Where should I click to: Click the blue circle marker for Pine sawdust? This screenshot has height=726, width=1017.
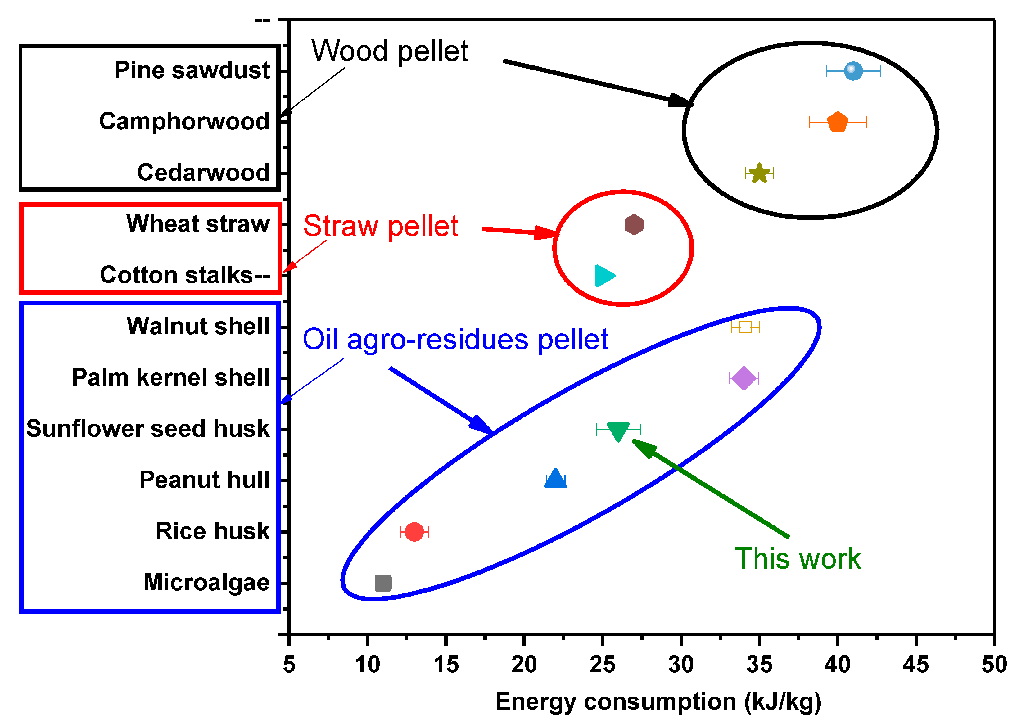(853, 71)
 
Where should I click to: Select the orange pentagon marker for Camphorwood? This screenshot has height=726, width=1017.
(837, 122)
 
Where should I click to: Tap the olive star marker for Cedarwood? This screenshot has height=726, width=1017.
(759, 173)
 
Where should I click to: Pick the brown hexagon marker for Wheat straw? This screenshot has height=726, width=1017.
(633, 224)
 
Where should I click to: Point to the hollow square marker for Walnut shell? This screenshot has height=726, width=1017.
(745, 327)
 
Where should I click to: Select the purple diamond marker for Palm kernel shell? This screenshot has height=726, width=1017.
(744, 378)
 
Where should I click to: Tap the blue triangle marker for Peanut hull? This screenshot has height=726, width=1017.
(555, 479)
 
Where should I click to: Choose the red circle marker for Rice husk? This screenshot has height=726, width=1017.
(414, 531)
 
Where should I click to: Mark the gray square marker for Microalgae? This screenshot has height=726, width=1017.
(383, 583)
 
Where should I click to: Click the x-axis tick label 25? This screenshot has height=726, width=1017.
(602, 664)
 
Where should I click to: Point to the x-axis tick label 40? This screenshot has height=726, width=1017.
(837, 664)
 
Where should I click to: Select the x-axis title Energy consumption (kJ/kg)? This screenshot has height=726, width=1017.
(658, 701)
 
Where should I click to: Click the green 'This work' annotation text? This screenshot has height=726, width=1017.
(798, 559)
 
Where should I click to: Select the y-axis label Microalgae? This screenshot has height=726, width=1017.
(206, 583)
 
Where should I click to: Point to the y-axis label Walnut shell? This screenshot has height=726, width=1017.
(198, 326)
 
